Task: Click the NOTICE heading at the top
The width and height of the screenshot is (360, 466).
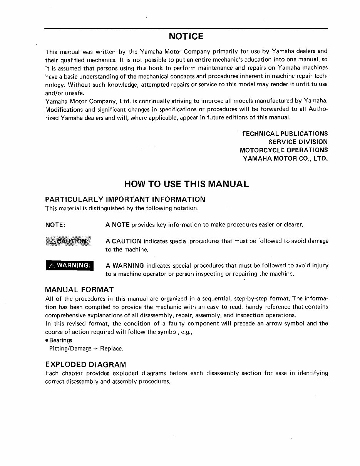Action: pos(186,36)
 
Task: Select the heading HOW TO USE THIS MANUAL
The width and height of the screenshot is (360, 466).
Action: pos(186,184)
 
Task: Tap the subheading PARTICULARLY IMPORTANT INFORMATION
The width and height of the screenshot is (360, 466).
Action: pos(125,199)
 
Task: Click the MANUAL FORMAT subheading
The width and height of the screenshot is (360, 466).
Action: pos(79,290)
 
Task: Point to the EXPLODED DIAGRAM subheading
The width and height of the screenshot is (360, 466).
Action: pos(85,364)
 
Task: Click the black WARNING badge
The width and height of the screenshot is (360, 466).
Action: pos(69,266)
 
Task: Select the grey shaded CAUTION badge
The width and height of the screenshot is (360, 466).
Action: pos(69,241)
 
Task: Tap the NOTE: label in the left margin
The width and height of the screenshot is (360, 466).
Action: pos(55,225)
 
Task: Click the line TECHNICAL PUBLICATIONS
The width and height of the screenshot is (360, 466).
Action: pos(285,134)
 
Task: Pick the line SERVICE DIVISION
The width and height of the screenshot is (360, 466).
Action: pos(298,142)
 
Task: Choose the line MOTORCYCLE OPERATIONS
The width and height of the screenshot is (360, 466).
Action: pos(284,150)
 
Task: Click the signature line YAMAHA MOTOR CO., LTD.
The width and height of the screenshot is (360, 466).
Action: pos(285,158)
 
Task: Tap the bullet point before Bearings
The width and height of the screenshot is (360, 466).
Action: pos(47,340)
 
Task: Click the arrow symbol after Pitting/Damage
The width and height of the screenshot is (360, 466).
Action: pos(96,349)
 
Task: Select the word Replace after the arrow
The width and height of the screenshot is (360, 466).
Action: pos(111,349)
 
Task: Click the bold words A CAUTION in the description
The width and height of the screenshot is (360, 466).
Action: pos(124,241)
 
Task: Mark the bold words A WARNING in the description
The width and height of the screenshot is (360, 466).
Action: pos(125,266)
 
